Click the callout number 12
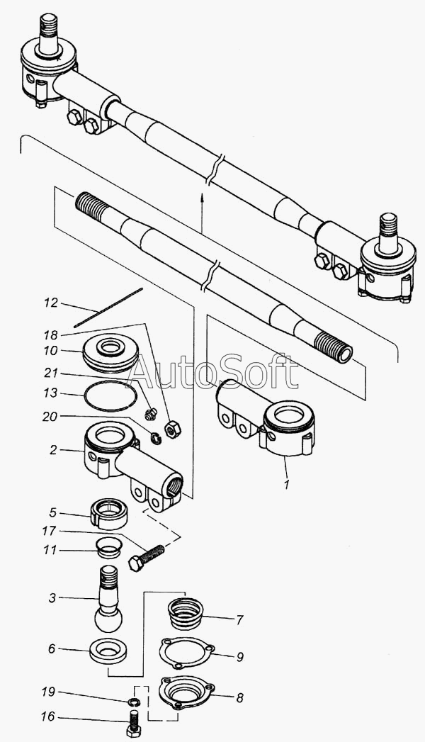[x=50, y=303]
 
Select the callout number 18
[x=50, y=335]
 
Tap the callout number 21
[x=50, y=373]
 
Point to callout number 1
[x=287, y=485]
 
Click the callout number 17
[x=49, y=531]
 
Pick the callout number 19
[x=49, y=692]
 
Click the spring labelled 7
[x=186, y=613]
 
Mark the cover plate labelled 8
[x=186, y=692]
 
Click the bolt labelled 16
[x=133, y=724]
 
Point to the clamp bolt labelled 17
[x=147, y=558]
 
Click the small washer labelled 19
[x=135, y=702]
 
